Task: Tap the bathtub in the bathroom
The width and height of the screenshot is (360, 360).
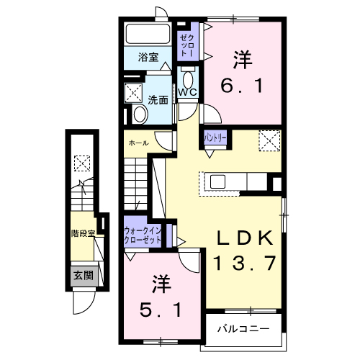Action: pos(148,35)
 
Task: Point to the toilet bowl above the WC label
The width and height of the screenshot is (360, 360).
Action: pos(188,78)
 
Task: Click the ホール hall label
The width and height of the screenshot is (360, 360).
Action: pos(138,143)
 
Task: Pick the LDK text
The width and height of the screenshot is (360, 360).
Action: pos(245,238)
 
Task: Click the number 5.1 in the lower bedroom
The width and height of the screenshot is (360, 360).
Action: pos(165,310)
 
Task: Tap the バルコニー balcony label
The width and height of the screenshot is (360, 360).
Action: pos(245,328)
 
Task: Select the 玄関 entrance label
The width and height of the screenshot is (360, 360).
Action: pos(82,274)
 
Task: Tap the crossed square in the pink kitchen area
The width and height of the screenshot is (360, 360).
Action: pos(269,139)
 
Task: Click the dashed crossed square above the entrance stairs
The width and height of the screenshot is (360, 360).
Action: pos(82,163)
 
